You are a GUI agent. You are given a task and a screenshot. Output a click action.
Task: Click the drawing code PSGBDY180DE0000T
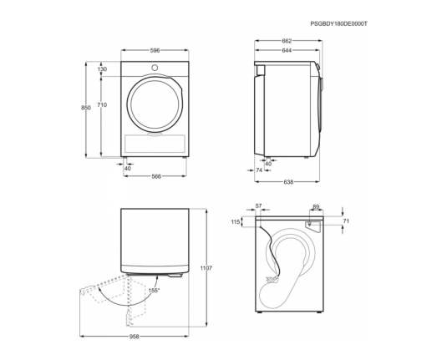339,24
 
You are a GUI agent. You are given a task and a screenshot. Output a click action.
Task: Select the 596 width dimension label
155,51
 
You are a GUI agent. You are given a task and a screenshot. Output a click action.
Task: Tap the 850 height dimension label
86,108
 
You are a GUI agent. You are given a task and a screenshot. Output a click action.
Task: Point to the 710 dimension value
102,105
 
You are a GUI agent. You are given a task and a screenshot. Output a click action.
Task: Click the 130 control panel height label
102,69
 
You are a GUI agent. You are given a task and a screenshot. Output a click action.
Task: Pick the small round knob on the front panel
155,68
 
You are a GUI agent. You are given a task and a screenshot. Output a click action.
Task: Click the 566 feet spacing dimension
156,176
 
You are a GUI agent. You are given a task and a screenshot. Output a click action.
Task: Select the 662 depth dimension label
287,41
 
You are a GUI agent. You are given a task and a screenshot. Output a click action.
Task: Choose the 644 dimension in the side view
287,50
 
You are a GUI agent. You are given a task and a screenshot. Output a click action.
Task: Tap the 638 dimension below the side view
288,181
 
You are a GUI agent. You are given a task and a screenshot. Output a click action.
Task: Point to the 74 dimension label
259,170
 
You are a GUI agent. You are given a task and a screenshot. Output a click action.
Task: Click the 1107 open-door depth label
206,268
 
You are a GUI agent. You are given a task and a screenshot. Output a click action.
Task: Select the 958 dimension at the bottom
135,337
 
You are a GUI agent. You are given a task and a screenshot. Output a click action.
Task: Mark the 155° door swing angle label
155,291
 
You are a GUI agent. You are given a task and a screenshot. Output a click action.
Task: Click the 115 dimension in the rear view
236,221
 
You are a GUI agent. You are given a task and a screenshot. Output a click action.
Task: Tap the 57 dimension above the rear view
258,205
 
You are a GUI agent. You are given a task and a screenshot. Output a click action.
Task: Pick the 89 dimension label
316,206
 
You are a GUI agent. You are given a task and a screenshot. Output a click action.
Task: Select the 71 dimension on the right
346,221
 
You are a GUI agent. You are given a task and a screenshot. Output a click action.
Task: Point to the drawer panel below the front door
155,144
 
